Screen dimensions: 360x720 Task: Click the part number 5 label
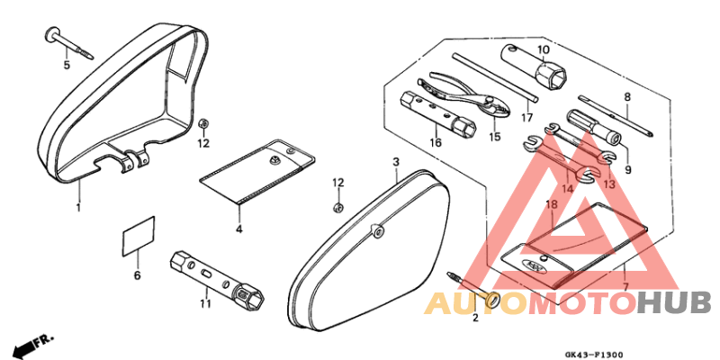point(66,65)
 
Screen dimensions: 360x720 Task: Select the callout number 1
point(78,207)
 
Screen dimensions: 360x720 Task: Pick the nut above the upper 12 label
point(203,122)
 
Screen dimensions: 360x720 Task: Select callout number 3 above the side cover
point(395,161)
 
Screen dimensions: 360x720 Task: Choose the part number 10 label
point(544,49)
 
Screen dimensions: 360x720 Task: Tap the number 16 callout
point(436,141)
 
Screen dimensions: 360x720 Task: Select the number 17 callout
point(526,116)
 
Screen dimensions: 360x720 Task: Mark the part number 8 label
point(627,96)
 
